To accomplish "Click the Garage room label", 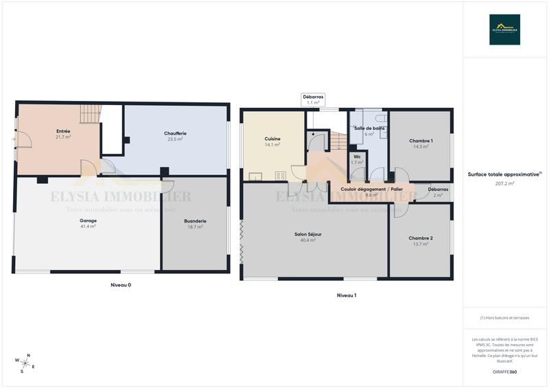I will click(88, 220).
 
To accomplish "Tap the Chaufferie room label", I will click(176, 133).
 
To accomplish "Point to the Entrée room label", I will click(63, 130).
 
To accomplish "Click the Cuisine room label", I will click(272, 139).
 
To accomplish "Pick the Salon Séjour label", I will click(308, 234).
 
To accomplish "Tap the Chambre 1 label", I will click(421, 140).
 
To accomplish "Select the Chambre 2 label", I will click(421, 238).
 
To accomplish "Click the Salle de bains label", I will click(369, 128).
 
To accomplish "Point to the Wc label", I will click(357, 157).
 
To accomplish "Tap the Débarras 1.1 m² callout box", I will click(313, 100).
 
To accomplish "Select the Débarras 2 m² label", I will click(438, 189).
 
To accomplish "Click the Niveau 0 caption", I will click(121, 284).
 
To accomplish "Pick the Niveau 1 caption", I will click(346, 295).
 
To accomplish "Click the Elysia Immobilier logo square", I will click(504, 30).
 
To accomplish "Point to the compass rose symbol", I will click(25, 363).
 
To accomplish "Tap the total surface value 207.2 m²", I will click(505, 184).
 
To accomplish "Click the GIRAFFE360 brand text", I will click(505, 372).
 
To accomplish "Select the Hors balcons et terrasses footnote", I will click(505, 318).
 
